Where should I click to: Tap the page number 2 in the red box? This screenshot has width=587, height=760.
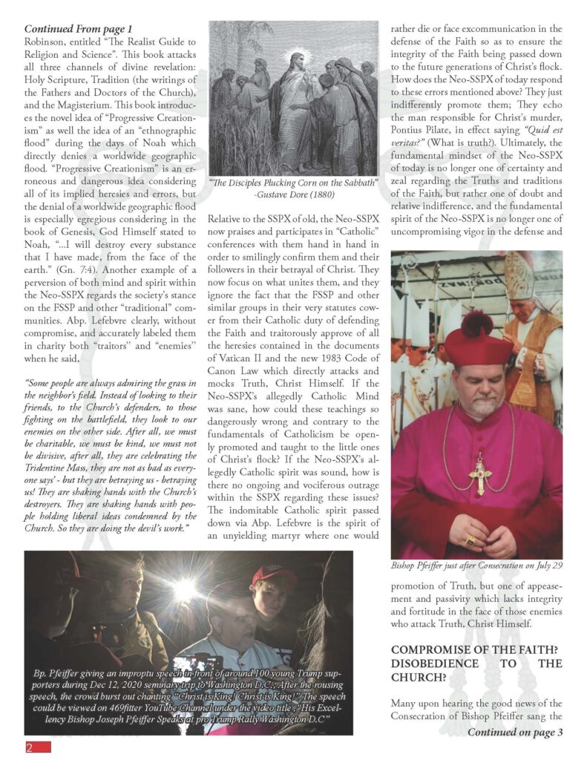point(30,747)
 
